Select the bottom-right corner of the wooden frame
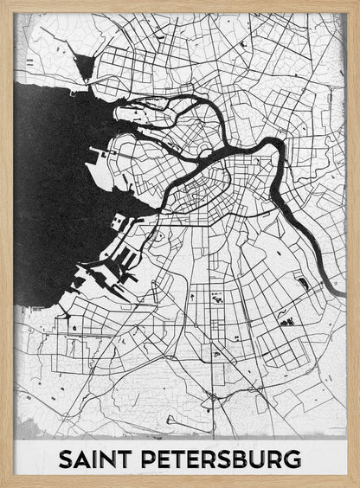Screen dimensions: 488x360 pos(357,485)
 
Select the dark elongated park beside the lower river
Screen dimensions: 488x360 pos(302,283)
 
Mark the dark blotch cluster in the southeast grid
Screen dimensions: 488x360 pos(286,321)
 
